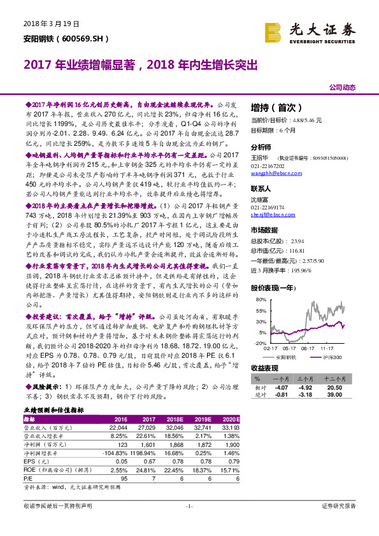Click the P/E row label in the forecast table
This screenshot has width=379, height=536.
pos(27,476)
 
